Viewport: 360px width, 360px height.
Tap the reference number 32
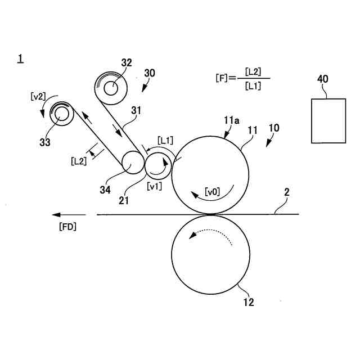(126, 62)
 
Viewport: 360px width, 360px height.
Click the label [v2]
(38, 96)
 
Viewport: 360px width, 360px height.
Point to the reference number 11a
(231, 121)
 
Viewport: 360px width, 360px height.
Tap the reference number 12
(248, 303)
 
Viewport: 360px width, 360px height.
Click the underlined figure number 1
(20, 58)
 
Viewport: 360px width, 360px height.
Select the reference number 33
(45, 142)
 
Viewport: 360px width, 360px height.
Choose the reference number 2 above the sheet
(286, 192)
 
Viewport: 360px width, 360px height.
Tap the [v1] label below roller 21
(154, 186)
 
